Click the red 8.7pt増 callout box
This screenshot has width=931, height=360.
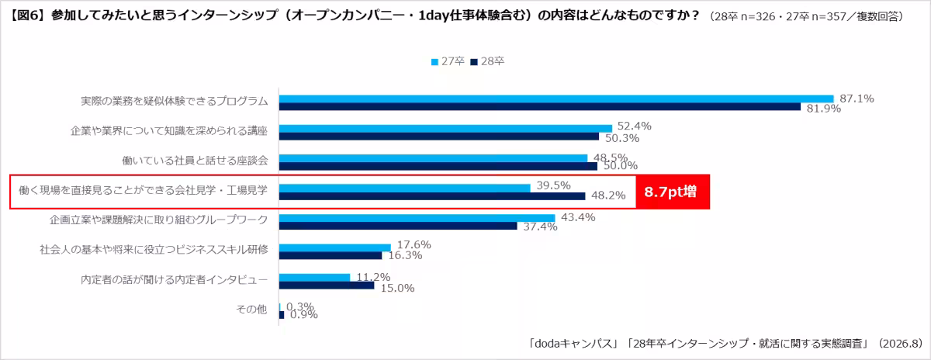(673, 192)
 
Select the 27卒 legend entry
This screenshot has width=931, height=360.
(448, 61)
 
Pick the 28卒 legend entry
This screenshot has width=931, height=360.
(487, 61)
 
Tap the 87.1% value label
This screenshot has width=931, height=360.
(857, 99)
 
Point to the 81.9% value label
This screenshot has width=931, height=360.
(823, 109)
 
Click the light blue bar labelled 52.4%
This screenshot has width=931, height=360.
(445, 129)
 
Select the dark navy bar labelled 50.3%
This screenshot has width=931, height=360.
(439, 137)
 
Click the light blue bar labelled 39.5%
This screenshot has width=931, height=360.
(405, 189)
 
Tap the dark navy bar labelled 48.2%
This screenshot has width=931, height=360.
(432, 196)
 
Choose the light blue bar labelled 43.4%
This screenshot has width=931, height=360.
(417, 218)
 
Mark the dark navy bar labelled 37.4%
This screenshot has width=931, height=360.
(398, 226)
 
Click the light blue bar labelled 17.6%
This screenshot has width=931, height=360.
(335, 247)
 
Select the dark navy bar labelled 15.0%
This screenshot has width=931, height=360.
(327, 286)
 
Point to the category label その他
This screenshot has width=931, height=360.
(251, 310)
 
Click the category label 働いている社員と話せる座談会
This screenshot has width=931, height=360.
(195, 161)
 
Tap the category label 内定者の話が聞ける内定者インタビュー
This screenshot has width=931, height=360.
(174, 279)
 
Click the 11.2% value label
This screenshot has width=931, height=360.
(373, 277)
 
